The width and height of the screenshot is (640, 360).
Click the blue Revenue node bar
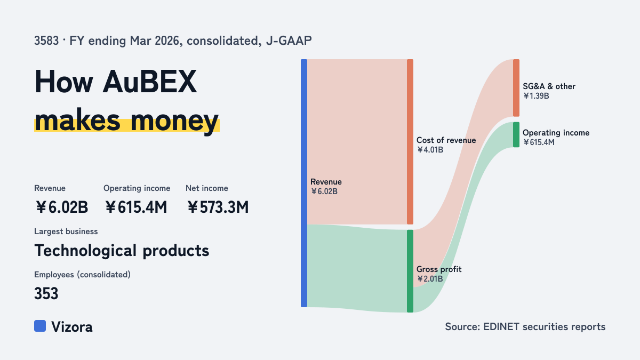(x=304, y=183)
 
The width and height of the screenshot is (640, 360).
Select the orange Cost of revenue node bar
(x=410, y=142)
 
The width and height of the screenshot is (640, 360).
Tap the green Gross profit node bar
(x=410, y=271)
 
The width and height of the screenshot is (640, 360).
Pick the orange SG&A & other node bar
(x=516, y=87)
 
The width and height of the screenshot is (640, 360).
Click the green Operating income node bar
(x=516, y=134)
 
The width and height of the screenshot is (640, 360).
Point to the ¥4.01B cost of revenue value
(x=430, y=150)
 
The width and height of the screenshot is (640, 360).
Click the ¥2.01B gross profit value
(x=430, y=278)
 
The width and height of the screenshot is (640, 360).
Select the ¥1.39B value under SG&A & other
(x=536, y=95)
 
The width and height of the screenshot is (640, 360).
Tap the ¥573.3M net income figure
(x=218, y=207)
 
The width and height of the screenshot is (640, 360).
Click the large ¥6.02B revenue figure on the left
(x=62, y=207)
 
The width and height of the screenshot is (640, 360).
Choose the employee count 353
(x=46, y=293)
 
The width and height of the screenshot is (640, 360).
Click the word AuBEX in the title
(x=150, y=82)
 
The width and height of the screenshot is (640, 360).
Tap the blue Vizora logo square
(x=40, y=326)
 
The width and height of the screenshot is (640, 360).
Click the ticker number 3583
(x=46, y=41)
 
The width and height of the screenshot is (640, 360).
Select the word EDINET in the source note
(x=501, y=326)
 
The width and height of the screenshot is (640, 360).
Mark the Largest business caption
(x=66, y=231)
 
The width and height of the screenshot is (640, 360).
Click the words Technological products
(x=122, y=251)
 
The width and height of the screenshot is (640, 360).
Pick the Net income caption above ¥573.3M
(x=207, y=188)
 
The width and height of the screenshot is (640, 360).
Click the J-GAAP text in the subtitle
(x=289, y=41)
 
